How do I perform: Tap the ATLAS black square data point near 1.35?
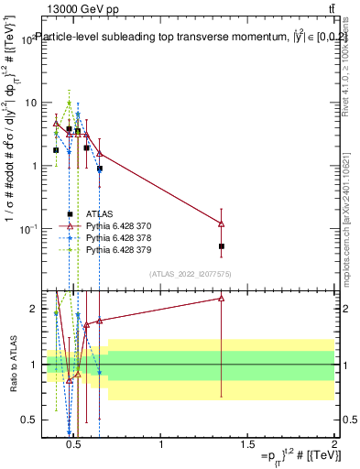[x=222, y=246]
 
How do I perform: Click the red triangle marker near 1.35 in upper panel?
[x=222, y=224]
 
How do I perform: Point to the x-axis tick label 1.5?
[x=248, y=444]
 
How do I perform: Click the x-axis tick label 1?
[x=161, y=444]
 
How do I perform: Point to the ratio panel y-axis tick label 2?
[x=35, y=310]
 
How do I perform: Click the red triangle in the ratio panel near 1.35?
[x=222, y=299]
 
